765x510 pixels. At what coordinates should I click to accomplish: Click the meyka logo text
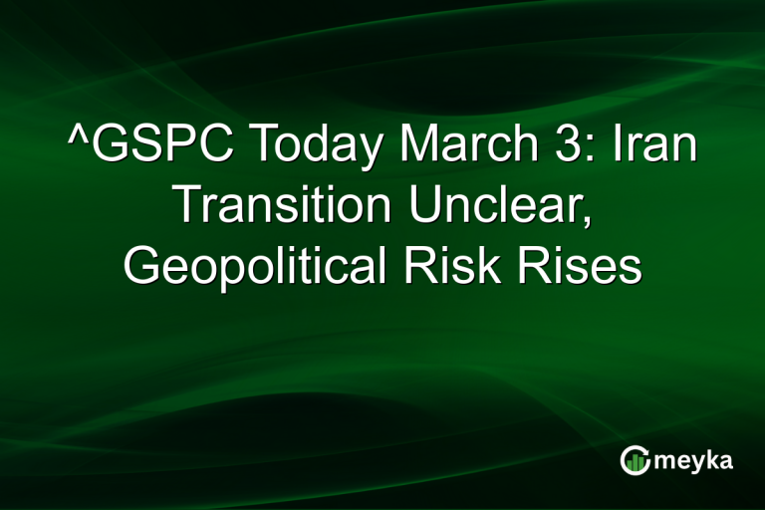695,460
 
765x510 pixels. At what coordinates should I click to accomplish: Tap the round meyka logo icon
635,459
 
